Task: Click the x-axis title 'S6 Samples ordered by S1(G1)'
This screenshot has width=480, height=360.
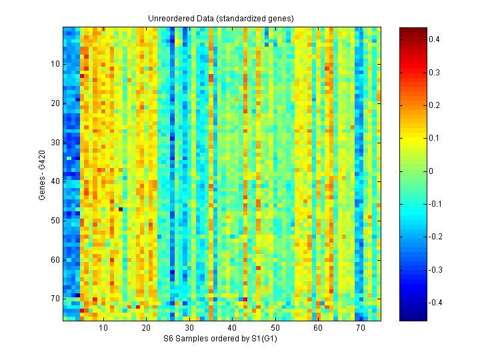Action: coord(222,339)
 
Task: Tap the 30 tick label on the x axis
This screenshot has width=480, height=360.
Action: coord(189,328)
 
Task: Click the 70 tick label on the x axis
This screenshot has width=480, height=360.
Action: coord(361,328)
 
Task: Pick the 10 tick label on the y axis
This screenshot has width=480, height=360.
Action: coord(55,64)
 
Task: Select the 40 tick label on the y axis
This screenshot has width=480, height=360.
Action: coord(55,181)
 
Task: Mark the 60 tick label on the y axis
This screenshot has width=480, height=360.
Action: coord(55,260)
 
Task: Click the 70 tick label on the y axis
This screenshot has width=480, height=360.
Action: coord(55,299)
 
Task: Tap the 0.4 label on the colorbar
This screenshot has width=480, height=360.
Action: coord(433,39)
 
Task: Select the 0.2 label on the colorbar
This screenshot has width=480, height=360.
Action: coord(433,105)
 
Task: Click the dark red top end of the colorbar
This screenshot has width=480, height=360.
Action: coord(413,29)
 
